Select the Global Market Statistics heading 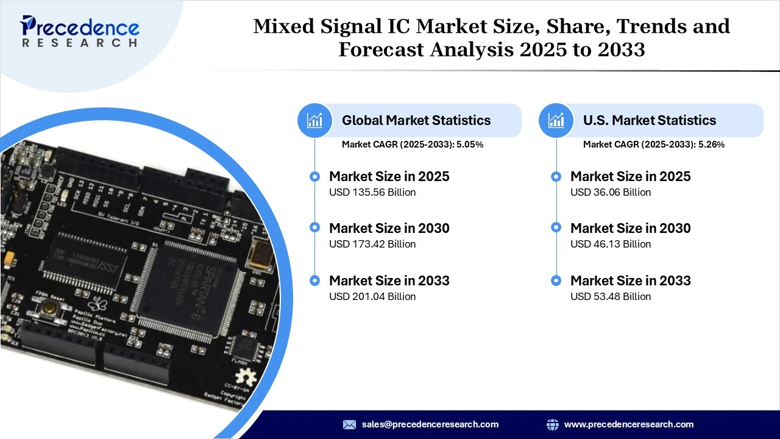pos(416,120)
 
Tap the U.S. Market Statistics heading pos(650,120)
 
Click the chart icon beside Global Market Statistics pos(315,120)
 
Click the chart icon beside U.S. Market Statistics pos(556,120)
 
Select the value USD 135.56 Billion pos(372,192)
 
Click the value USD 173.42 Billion pos(372,244)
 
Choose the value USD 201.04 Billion pos(372,296)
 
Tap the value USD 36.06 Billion pos(611,192)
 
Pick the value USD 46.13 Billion pos(611,244)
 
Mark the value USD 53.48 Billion pos(611,296)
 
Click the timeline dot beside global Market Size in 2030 pos(314,227)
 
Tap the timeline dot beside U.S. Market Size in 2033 pos(556,280)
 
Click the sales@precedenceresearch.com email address pos(430,424)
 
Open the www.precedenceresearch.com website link pos(629,424)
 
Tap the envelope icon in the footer pos(349,424)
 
